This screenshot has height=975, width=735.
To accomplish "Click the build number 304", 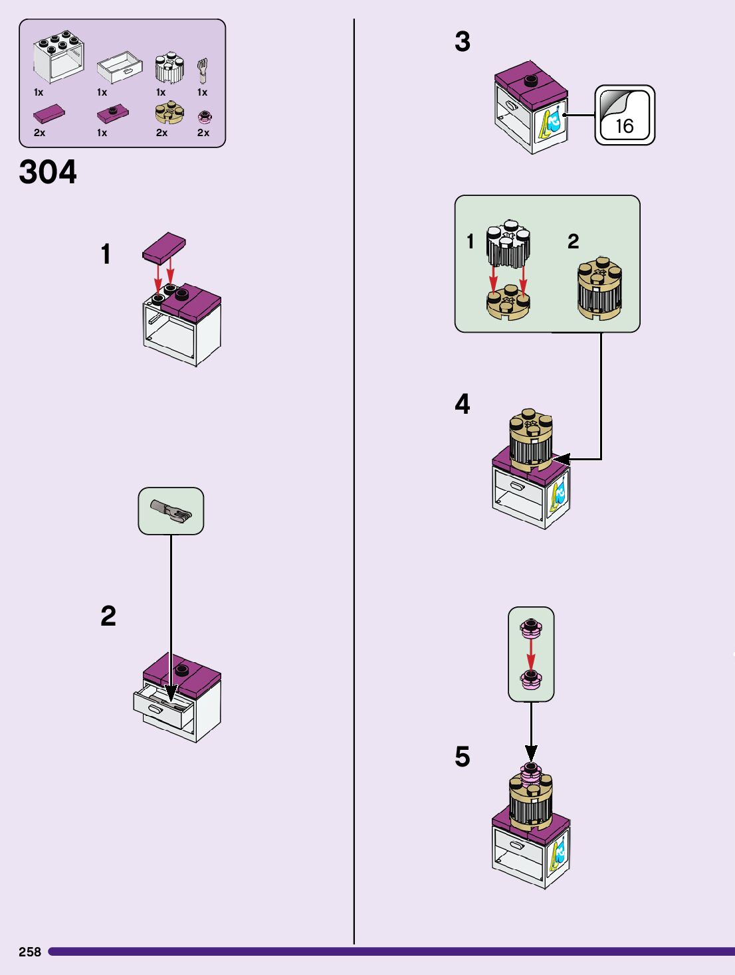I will click(x=48, y=172).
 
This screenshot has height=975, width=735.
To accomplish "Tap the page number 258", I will click(x=30, y=952).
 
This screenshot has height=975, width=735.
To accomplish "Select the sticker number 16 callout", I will click(x=624, y=115).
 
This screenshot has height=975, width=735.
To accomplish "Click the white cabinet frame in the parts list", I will click(x=59, y=57).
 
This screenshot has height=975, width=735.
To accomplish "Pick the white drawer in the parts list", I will click(x=120, y=67).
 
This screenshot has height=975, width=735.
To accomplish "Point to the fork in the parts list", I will click(x=202, y=70).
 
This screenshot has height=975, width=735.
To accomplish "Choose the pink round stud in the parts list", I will click(x=205, y=118).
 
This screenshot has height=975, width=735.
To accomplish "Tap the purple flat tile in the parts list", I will click(x=49, y=114).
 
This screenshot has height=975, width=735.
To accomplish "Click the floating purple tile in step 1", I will click(x=163, y=246).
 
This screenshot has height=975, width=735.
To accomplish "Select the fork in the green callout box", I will click(x=171, y=511).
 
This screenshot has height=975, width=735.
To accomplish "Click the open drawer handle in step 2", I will click(x=156, y=709).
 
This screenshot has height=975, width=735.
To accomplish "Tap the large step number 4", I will click(x=463, y=404).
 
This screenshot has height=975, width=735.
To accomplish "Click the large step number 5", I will click(x=463, y=756).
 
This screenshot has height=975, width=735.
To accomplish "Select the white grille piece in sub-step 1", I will click(x=508, y=243).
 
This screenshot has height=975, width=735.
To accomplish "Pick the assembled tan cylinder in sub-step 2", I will click(x=599, y=288).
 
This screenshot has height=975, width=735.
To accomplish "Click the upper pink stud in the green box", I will click(x=530, y=627).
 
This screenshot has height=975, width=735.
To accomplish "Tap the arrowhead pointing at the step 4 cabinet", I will click(x=562, y=459).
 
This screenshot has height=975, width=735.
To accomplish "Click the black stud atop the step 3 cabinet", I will click(x=530, y=81).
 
